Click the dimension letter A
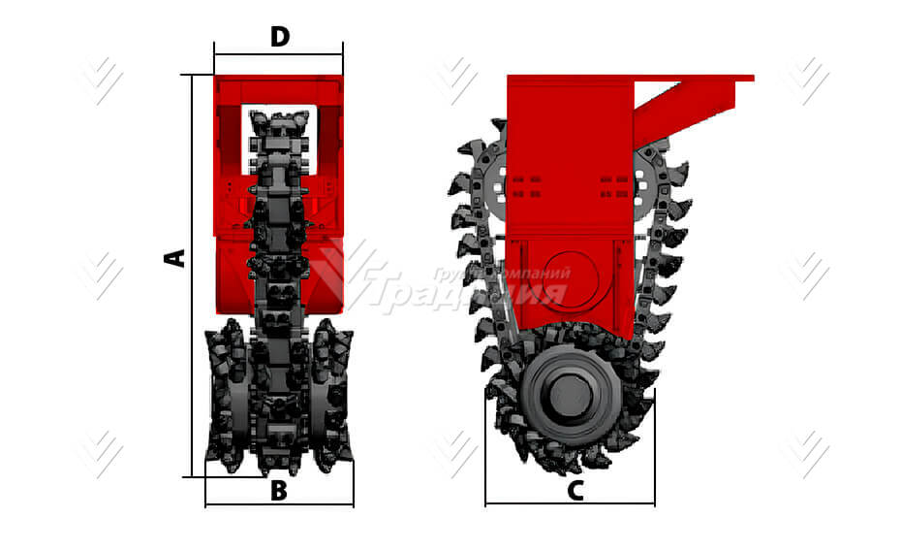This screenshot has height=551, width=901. pos(175,257)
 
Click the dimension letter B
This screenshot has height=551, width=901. pos(279,491)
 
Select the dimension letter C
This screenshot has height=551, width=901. pos(575,491)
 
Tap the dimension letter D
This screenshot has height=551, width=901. pos(279,38)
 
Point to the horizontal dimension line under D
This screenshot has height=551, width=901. pos(279,55)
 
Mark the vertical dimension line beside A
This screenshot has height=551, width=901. pos(193,276)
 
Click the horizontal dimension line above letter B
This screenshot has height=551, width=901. pos(279,505)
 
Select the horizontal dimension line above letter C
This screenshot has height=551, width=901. pos(570,503)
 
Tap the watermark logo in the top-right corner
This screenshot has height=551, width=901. pos(806,81)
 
